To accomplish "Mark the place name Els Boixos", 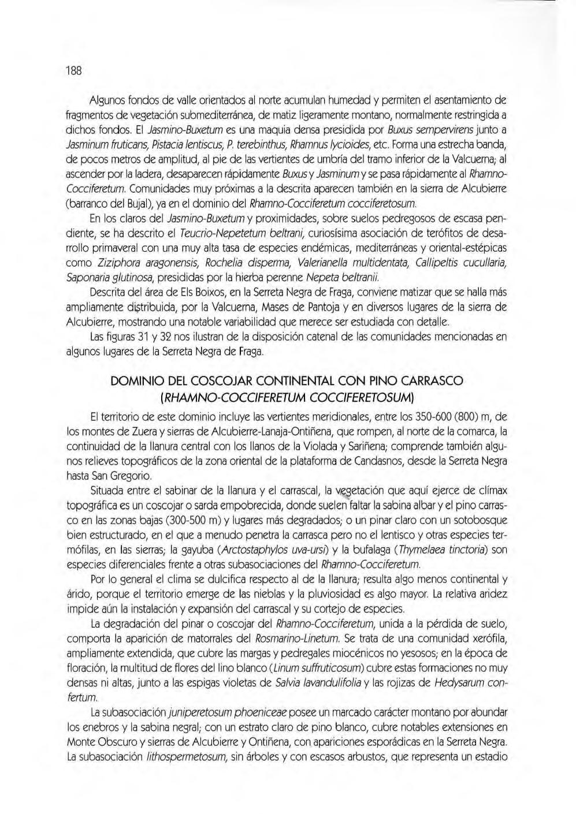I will pyautogui.click(x=182, y=293).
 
